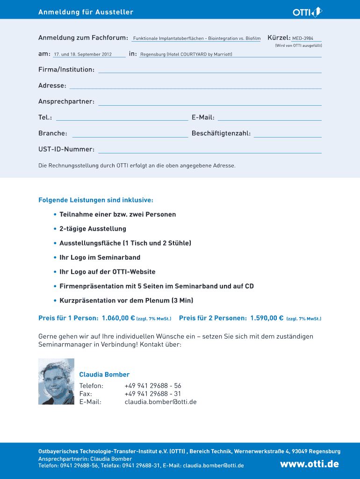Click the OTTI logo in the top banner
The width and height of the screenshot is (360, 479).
tap(307, 12)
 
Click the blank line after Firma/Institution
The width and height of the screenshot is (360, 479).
tap(209, 71)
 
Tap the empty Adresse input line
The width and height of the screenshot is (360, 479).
tap(195, 87)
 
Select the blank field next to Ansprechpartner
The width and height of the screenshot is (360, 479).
tap(209, 103)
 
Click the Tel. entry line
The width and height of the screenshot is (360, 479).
tap(122, 119)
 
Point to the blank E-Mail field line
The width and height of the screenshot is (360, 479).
tap(269, 119)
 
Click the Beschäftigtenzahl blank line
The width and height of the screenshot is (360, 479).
tap(287, 135)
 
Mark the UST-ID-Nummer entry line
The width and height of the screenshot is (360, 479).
tap(209, 151)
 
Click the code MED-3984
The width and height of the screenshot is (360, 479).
tap(303, 38)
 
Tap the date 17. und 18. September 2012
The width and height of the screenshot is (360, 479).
tap(83, 55)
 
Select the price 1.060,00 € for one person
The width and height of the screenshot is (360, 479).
tap(115, 319)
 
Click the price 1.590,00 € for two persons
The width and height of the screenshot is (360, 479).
tap(266, 319)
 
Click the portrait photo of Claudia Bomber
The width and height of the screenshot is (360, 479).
tap(56, 382)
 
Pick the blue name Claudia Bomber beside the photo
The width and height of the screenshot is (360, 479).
tap(104, 375)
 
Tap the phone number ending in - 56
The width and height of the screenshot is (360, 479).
tap(153, 386)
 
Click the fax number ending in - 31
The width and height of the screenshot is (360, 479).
tap(153, 394)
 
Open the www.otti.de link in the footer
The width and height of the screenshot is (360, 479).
tap(309, 464)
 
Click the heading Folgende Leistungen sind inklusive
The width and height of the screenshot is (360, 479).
tap(96, 200)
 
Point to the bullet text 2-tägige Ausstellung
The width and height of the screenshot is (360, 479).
tap(93, 229)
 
